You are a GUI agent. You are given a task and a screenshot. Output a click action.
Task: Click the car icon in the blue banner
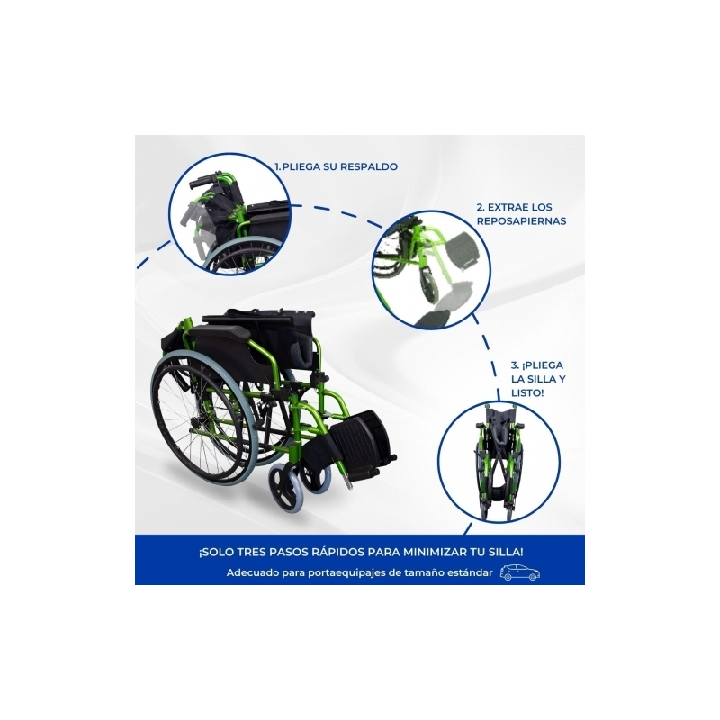point(520,572)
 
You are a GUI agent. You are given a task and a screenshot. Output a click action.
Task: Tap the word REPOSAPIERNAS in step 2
point(521,220)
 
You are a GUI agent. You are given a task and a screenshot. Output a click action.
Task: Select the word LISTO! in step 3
point(527,393)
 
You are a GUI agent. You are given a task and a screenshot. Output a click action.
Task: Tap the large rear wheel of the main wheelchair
point(217,418)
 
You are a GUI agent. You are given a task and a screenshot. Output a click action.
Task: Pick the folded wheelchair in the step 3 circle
point(499,460)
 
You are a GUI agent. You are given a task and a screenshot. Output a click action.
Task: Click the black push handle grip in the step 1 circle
point(202,179)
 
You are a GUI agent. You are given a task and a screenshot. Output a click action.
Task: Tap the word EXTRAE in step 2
point(504,207)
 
